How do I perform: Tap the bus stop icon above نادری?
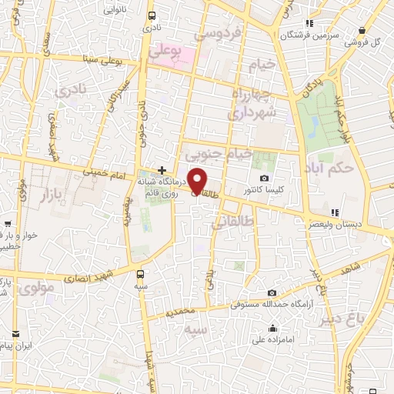[x=151, y=15]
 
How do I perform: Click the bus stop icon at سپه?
[x=140, y=274]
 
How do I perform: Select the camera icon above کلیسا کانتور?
[x=265, y=178]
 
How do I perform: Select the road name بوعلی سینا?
[x=100, y=59]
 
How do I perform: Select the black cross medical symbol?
[x=162, y=169]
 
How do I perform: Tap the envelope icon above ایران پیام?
[x=16, y=334]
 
